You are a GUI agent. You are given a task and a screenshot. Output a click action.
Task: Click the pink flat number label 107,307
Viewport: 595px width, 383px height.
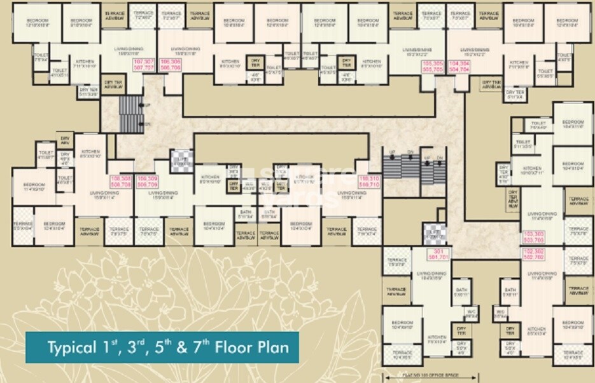tap(144, 63)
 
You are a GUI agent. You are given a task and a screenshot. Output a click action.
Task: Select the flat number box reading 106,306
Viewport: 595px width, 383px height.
tap(169, 63)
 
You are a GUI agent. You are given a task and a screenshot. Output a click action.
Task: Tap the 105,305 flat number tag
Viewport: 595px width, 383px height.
tap(432, 67)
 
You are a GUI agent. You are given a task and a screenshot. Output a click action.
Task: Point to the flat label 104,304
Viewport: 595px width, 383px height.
tap(459, 67)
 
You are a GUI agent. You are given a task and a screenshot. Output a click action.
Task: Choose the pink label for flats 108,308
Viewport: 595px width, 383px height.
tap(121, 182)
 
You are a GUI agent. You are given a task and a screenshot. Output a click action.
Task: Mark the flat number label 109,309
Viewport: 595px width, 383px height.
tap(147, 182)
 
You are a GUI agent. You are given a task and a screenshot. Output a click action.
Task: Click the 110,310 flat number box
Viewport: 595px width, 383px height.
tap(369, 182)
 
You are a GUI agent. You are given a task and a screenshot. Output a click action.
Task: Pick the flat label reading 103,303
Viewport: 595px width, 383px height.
tap(533, 237)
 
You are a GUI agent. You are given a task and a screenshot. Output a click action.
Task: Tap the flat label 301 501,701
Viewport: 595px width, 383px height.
tap(438, 255)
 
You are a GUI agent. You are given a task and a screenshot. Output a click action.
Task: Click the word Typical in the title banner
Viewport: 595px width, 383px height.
tap(70, 347)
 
